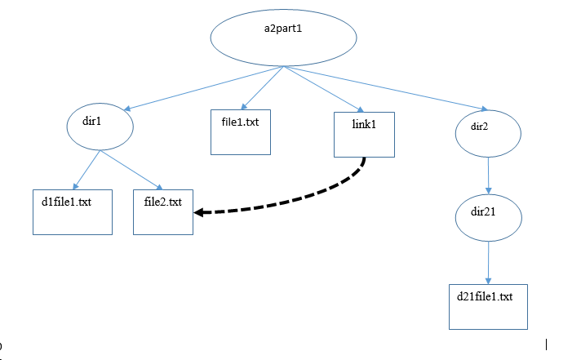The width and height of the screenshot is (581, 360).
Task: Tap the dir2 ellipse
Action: [487, 132]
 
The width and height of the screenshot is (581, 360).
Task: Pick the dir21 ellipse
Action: [487, 217]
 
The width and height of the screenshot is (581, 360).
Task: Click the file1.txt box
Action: [240, 131]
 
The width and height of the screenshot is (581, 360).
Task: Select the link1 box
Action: [364, 135]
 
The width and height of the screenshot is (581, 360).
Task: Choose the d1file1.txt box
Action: [72, 211]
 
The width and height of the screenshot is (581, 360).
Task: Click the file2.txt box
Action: [163, 211]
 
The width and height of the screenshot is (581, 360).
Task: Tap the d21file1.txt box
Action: [488, 306]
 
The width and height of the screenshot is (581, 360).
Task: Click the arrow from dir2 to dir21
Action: [487, 175]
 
